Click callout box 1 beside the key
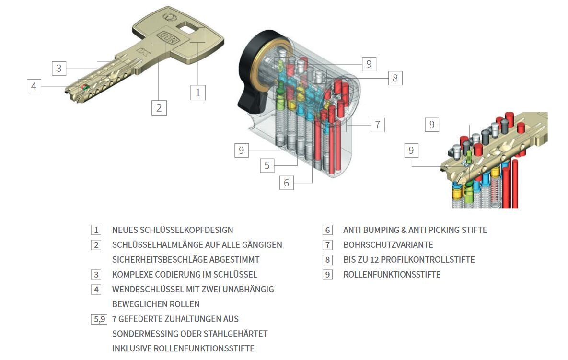click(x=198, y=92)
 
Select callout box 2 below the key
click(x=159, y=107)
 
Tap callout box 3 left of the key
click(x=59, y=68)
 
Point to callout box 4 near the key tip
click(x=34, y=86)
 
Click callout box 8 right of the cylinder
click(x=395, y=78)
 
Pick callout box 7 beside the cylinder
click(x=377, y=125)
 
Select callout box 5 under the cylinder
click(x=267, y=165)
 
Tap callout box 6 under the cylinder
click(x=287, y=182)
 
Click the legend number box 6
click(x=327, y=230)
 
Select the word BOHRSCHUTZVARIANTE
click(x=388, y=245)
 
